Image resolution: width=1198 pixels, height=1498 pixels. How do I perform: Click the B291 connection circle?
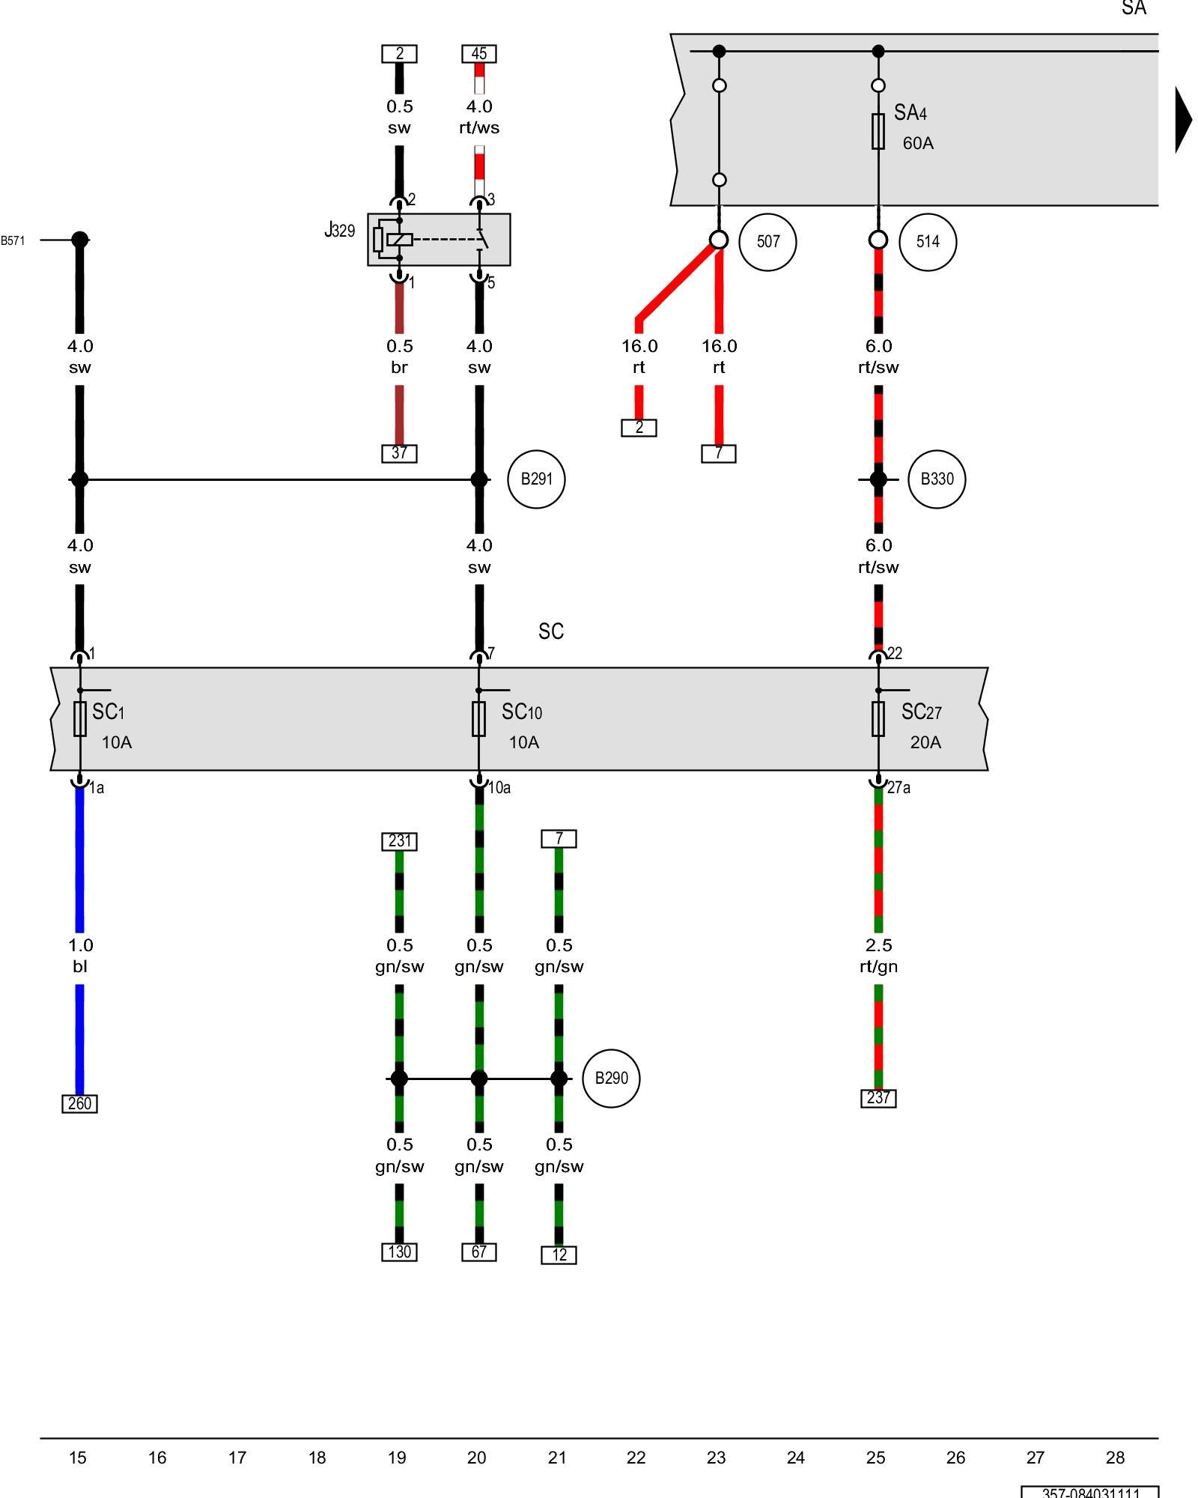(536, 479)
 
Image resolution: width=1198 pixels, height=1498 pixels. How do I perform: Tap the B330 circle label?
(936, 479)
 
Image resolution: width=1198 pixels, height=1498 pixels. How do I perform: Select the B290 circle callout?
(611, 1079)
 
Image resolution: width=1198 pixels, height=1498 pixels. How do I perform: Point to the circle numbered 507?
(767, 242)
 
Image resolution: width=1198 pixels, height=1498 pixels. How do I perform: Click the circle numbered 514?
(927, 242)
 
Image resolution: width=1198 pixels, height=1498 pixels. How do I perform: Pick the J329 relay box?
(439, 240)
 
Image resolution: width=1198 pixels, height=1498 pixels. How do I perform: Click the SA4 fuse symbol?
(878, 132)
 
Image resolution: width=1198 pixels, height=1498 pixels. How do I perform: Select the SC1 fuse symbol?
(80, 719)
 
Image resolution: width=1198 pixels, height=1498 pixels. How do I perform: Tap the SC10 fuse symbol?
(479, 719)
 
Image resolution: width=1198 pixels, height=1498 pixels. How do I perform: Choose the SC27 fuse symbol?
(878, 719)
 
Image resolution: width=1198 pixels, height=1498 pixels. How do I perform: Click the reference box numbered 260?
(79, 1103)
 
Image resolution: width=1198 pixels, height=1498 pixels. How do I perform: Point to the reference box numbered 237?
(878, 1098)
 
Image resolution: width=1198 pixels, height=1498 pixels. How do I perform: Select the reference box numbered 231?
(399, 841)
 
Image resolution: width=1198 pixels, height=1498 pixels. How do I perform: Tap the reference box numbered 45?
(479, 54)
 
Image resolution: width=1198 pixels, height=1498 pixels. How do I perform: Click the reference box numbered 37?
(399, 453)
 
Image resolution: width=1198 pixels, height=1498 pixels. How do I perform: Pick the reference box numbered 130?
(399, 1252)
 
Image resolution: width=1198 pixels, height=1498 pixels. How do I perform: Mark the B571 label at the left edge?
(13, 240)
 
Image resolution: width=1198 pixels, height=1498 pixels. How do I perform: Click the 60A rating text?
(918, 143)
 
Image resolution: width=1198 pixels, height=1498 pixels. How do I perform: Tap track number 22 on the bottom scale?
(636, 1458)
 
